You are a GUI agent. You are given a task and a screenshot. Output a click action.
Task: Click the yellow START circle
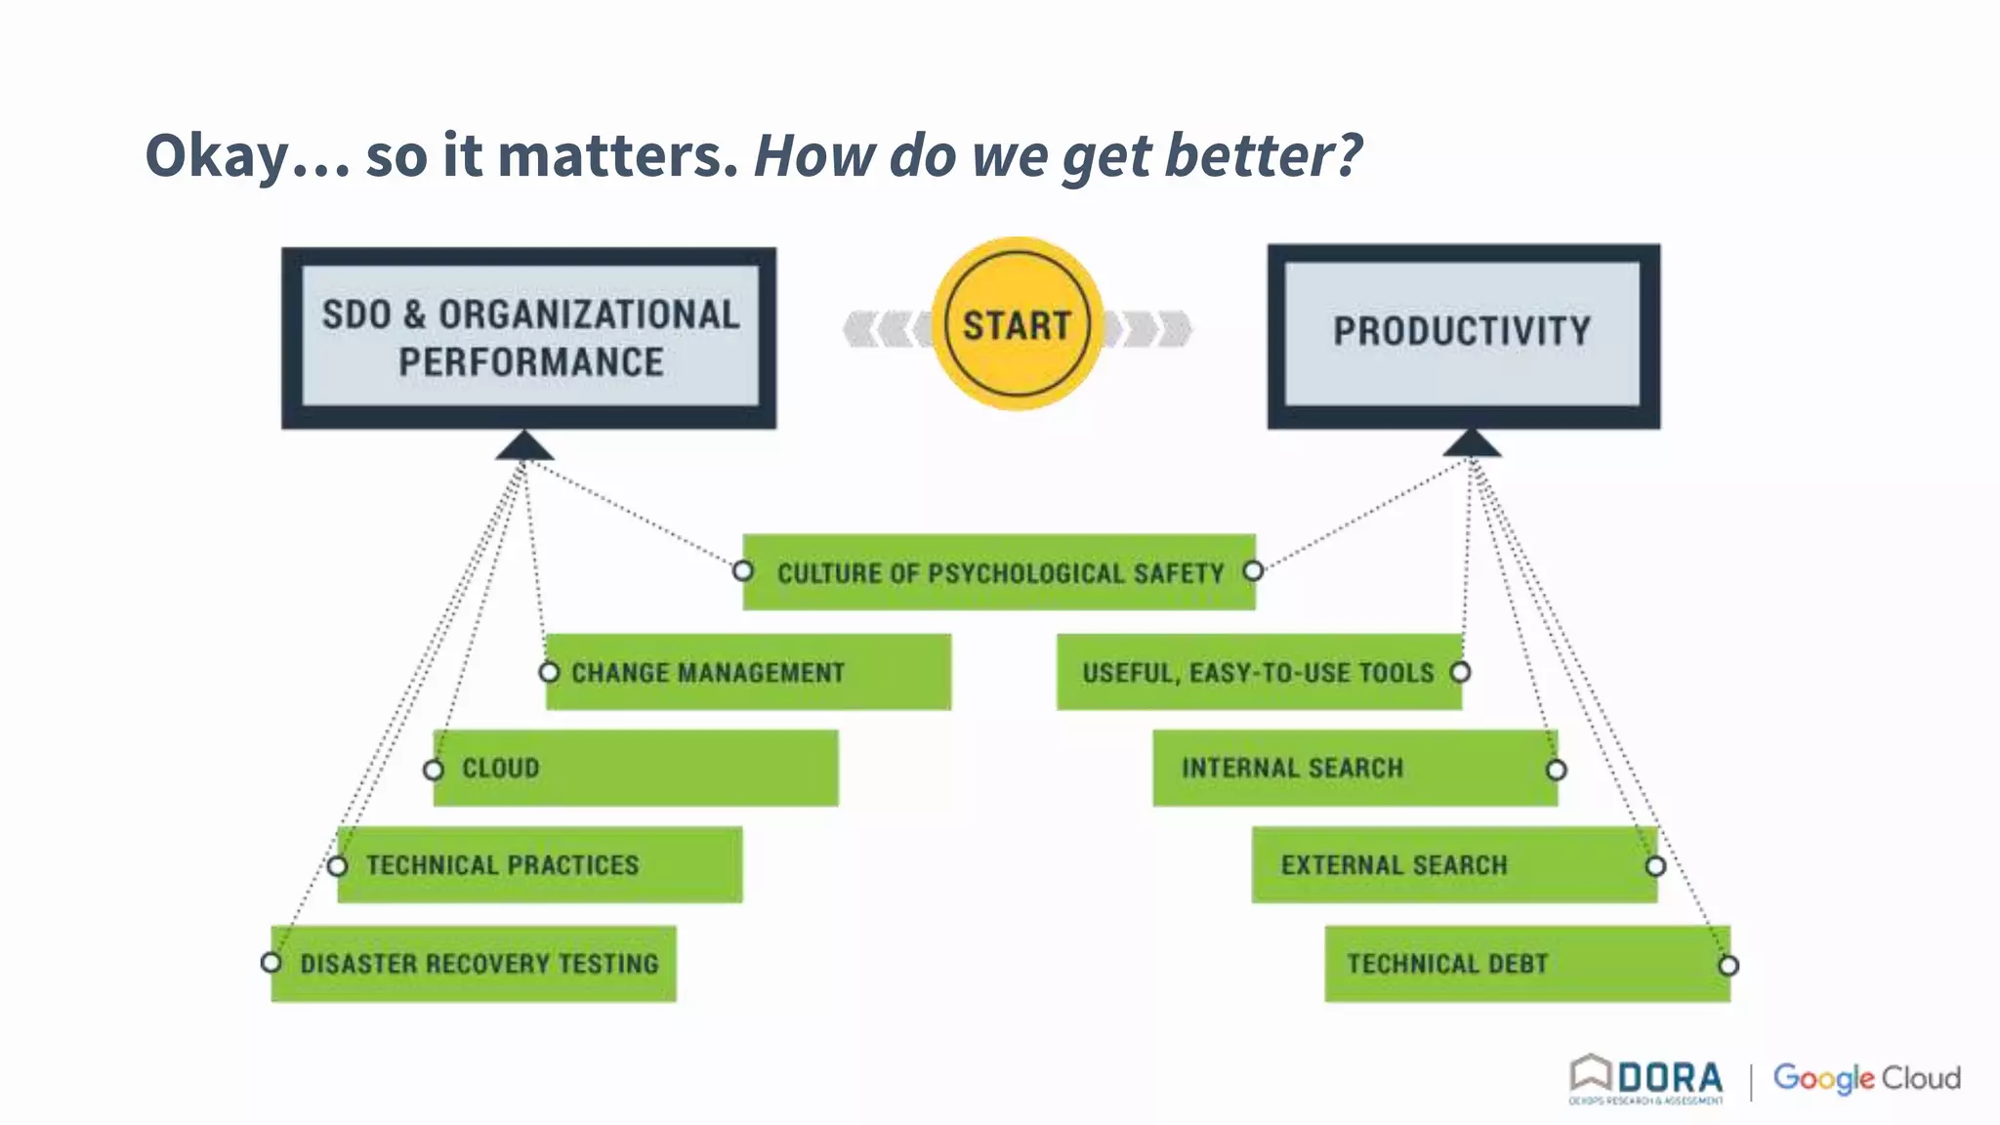coord(1017,324)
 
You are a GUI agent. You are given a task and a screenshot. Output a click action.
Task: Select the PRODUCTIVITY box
coord(1463,334)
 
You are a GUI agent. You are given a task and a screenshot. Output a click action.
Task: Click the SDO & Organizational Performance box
coord(529,337)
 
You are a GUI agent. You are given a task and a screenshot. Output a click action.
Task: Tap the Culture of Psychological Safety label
coord(999,573)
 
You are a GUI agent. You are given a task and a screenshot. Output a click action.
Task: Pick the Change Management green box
coord(747,672)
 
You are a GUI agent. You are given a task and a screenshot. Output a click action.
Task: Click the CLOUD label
coord(501,769)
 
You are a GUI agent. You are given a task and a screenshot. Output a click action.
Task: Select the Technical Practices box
coord(539,865)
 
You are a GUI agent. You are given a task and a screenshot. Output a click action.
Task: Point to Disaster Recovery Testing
coord(479,964)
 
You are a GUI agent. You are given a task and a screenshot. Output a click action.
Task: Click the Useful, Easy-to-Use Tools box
coord(1258,672)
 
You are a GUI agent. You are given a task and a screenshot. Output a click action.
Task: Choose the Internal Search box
coord(1354,769)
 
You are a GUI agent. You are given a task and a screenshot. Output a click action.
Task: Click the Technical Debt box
coord(1525,964)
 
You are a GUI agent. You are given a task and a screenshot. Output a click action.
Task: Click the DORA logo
coord(1646,1079)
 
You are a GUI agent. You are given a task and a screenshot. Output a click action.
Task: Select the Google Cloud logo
coord(1866,1078)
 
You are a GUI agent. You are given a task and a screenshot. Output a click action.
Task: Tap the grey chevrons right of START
coord(1152,329)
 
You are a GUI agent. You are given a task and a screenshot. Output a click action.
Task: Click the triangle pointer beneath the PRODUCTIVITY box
coord(1471,443)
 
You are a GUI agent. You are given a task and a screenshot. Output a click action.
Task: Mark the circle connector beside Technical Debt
coord(1728,966)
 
